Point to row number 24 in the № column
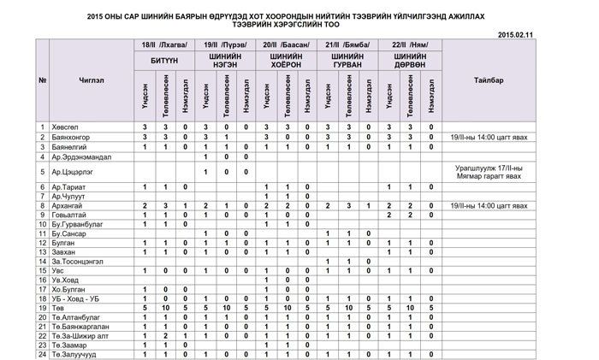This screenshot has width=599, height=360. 43,354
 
